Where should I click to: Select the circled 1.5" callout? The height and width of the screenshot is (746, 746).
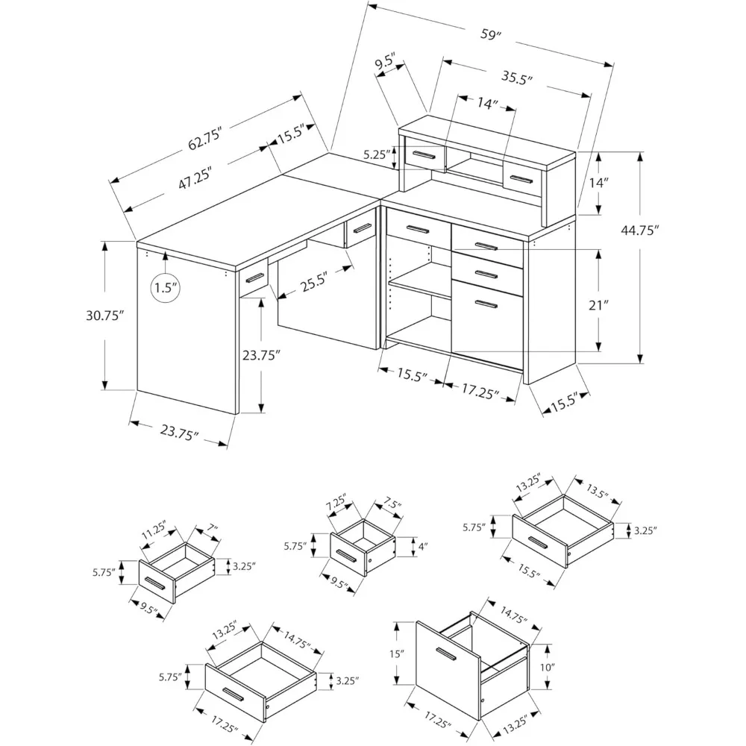coord(165,287)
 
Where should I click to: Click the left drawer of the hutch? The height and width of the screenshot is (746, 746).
coord(424,154)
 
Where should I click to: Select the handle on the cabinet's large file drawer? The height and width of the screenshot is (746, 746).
coord(467,304)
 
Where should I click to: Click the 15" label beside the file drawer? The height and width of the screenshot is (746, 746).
coord(396,654)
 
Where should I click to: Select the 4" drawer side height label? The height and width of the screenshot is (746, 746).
coord(423,547)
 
